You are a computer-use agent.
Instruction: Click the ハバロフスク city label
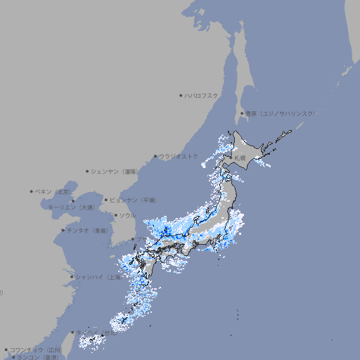coord(202,95)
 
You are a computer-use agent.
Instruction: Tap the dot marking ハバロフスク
coord(181,95)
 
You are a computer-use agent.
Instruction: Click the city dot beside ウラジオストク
coord(156,157)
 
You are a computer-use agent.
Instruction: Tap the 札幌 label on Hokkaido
coord(240,158)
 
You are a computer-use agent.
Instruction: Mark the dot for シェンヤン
coord(88,171)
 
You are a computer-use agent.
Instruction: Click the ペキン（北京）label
coord(54,191)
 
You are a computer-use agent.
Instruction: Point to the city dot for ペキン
coord(32,191)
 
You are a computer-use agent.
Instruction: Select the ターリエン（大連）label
coord(71,207)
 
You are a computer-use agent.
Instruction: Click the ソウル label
coord(127,215)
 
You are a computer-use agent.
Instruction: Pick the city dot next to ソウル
coord(115,216)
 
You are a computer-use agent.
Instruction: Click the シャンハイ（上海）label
coord(98,276)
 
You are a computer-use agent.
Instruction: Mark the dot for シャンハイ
coord(72,276)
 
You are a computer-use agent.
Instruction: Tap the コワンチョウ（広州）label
coord(36,349)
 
